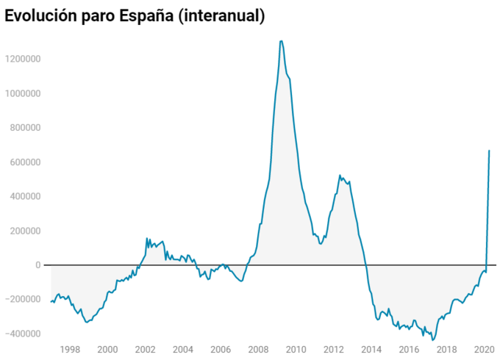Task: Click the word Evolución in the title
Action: [x=40, y=15]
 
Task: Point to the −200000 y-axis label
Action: [x=21, y=300]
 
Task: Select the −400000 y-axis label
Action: [x=21, y=334]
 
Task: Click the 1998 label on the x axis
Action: [x=70, y=350]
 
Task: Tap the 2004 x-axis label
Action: [x=183, y=350]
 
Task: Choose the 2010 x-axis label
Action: [x=296, y=350]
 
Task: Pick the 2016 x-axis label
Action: [x=410, y=350]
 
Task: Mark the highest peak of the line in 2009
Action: [x=281, y=41]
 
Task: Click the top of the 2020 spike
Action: [x=489, y=151]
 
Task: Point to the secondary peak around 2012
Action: [x=340, y=176]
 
